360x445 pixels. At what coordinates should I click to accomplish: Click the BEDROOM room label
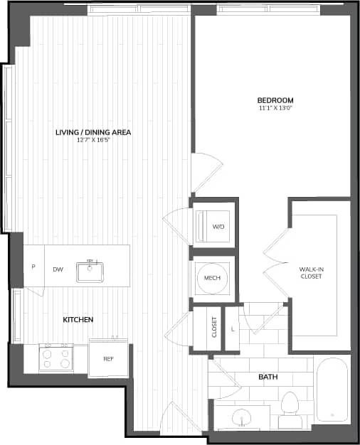click(x=276, y=100)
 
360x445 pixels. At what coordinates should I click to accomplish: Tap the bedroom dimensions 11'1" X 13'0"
click(x=276, y=109)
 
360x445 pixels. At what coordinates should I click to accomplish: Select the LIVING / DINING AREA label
click(x=93, y=132)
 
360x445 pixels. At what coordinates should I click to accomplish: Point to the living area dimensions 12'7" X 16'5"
click(x=93, y=140)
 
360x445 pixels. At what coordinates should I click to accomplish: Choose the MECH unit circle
click(x=212, y=277)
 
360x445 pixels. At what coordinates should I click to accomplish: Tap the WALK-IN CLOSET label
click(x=311, y=272)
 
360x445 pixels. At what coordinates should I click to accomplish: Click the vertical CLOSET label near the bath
click(x=214, y=328)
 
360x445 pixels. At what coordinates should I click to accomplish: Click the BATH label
click(x=268, y=377)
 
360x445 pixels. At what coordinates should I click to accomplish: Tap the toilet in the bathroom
click(x=290, y=409)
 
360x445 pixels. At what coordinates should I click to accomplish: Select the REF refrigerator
click(x=109, y=359)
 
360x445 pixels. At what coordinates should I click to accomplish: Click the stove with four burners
click(x=55, y=357)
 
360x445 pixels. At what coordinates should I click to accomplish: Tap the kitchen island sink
click(x=91, y=270)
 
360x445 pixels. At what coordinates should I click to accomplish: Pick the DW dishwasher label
click(x=58, y=269)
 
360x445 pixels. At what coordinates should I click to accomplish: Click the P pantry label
click(x=33, y=267)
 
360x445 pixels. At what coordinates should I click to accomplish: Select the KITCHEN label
click(x=78, y=320)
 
